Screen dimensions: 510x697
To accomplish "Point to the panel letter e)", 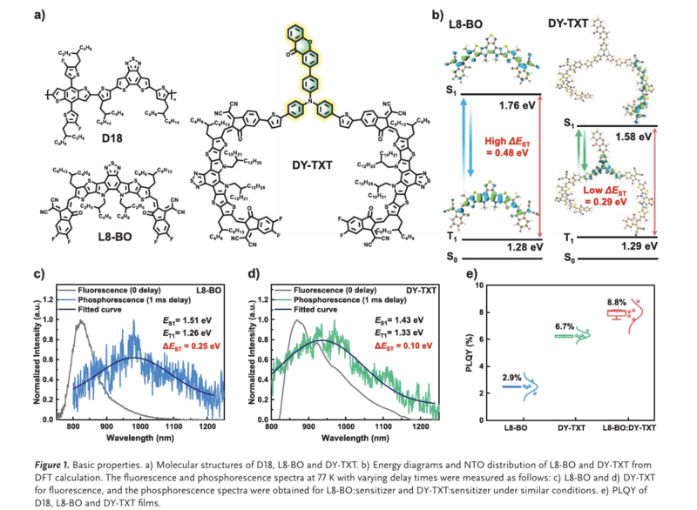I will [x=471, y=277].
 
